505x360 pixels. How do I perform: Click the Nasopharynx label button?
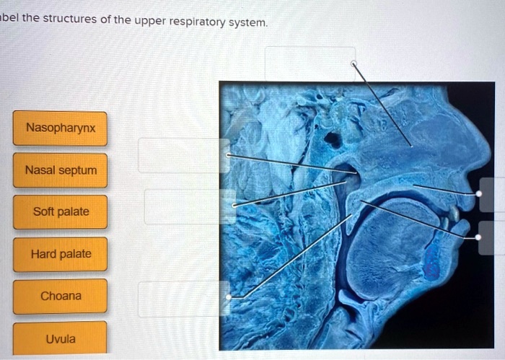59,128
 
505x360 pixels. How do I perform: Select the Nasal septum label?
59,171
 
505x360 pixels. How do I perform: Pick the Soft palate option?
61,212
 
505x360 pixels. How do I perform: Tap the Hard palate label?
61,254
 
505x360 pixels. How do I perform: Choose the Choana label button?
61,296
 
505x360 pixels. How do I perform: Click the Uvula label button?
61,338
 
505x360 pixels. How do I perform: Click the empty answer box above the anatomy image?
310,63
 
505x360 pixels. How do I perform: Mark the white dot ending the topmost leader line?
353,63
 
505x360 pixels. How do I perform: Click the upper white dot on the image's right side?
478,194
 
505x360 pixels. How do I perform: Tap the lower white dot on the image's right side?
478,237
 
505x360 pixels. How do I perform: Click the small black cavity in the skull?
332,139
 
